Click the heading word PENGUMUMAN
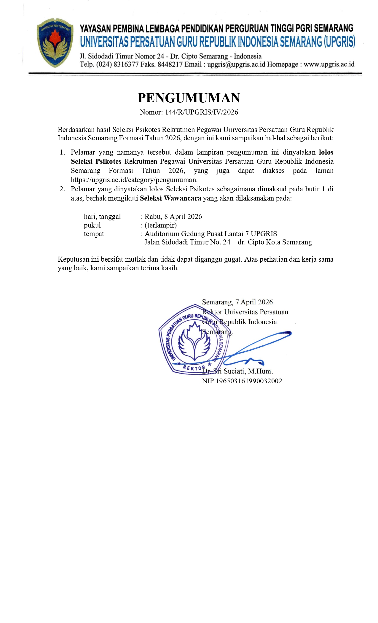[x=189, y=98]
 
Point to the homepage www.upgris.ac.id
[x=329, y=64]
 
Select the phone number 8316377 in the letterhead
[x=126, y=64]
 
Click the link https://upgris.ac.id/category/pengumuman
[x=134, y=180]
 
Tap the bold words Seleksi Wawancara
[x=170, y=198]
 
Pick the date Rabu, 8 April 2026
[x=173, y=217]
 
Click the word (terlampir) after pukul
[x=160, y=225]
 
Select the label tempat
[x=94, y=234]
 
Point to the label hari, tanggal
[x=102, y=217]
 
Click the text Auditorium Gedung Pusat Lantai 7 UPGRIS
[x=211, y=234]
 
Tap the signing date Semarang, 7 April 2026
[x=237, y=302]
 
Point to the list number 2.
[x=62, y=189]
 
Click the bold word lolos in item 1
[x=326, y=152]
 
